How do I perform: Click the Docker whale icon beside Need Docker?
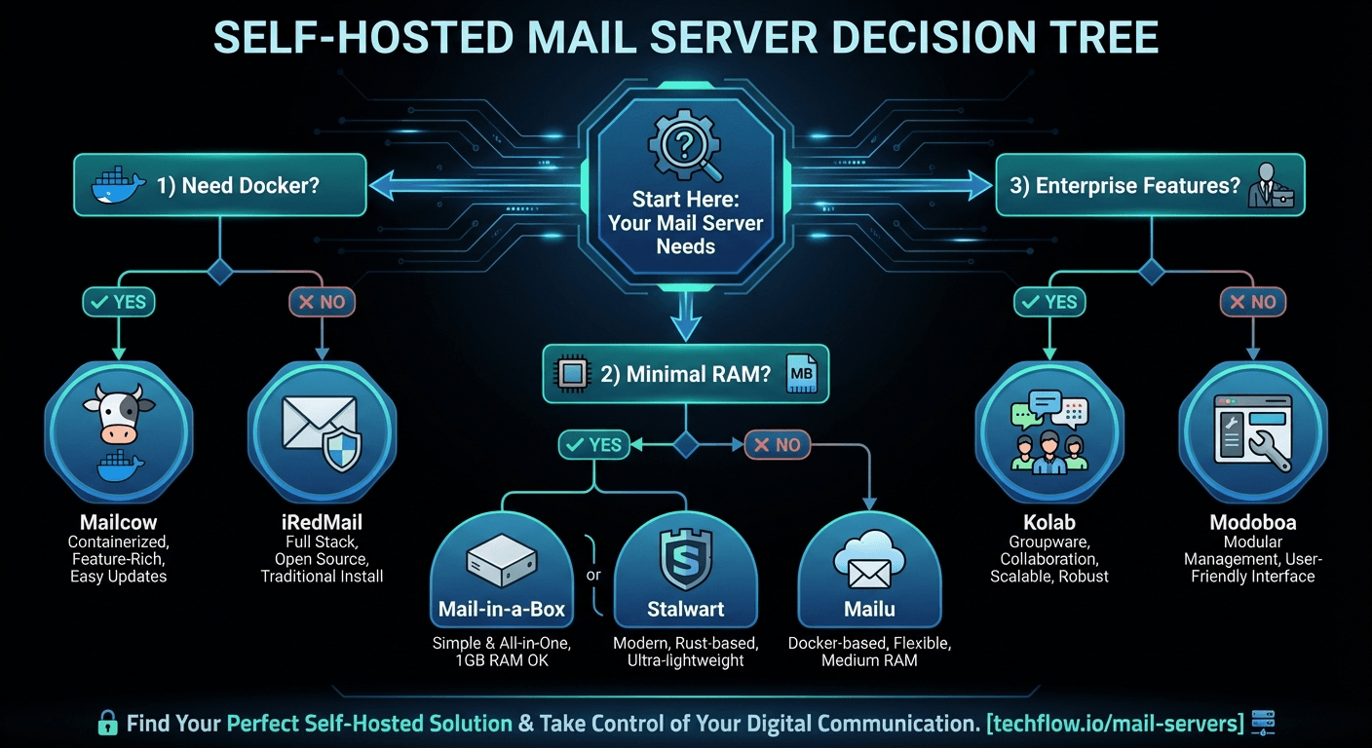point(118,184)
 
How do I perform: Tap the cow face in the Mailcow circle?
point(119,413)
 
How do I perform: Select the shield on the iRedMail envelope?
point(342,449)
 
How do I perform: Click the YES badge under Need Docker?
point(119,302)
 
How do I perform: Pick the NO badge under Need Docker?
point(322,302)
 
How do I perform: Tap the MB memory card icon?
point(802,373)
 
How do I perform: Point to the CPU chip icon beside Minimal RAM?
point(571,373)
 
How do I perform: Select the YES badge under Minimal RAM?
point(593,444)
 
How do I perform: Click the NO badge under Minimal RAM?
point(778,444)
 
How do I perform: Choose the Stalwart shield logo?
point(686,559)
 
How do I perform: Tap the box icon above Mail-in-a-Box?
point(502,559)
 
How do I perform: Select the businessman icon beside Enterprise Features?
point(1271,185)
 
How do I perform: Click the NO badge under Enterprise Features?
point(1252,302)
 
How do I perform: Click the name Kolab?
point(1049,522)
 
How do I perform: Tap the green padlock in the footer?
point(108,723)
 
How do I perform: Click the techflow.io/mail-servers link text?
point(1116,724)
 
